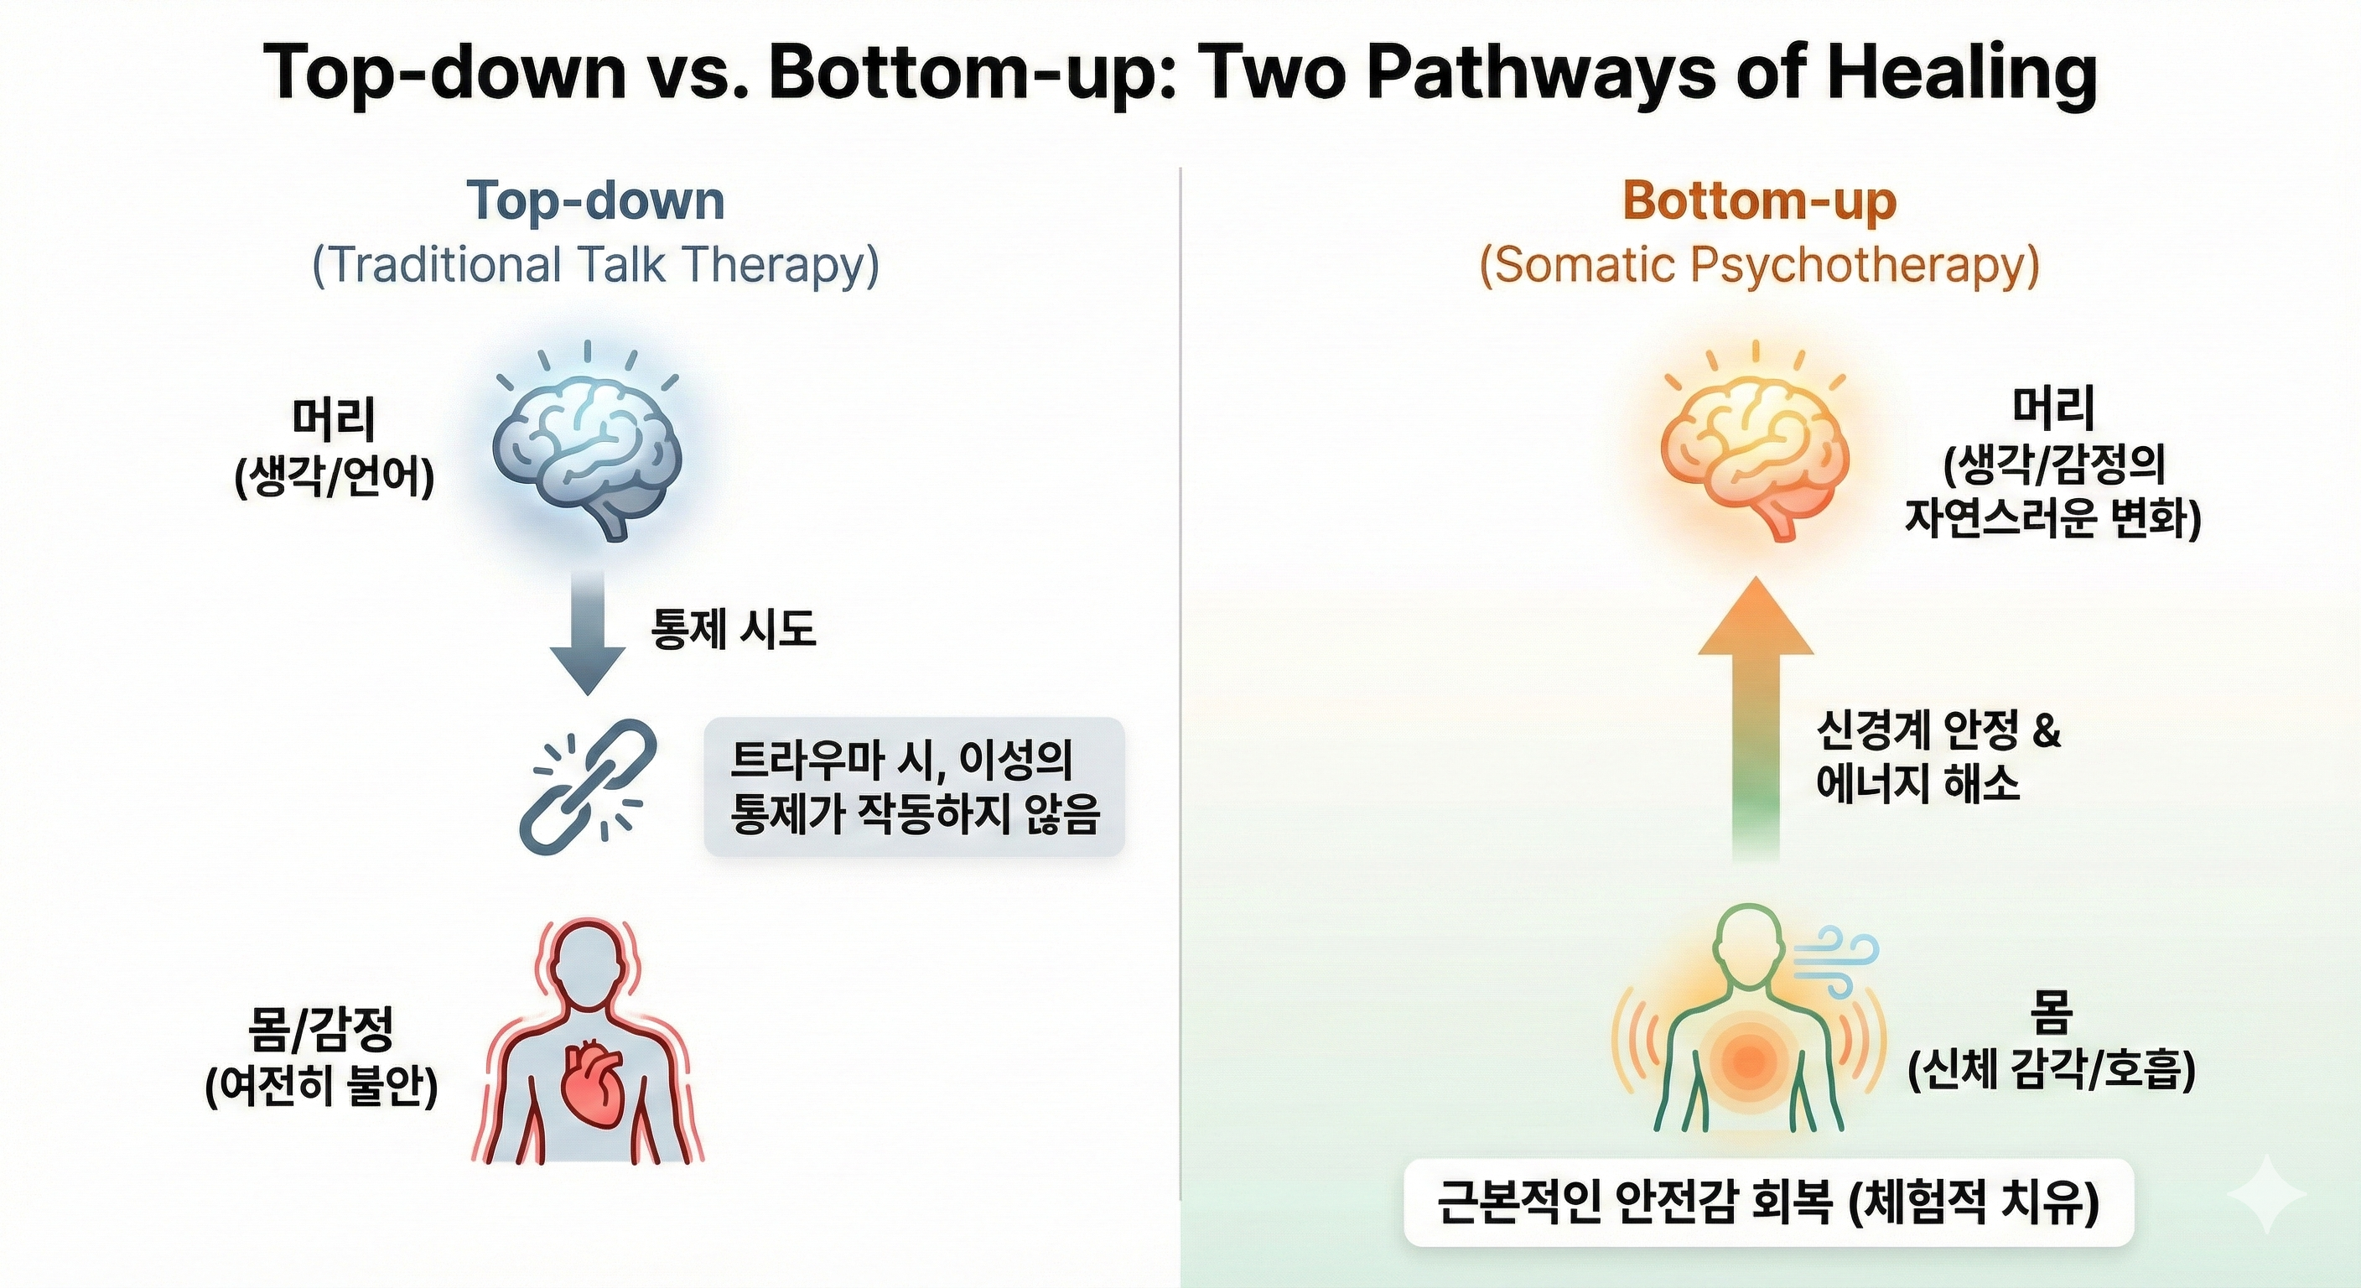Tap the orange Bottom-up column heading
tap(1759, 202)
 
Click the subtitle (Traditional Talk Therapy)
tap(596, 265)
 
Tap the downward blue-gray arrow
tap(588, 633)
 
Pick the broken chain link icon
tap(588, 787)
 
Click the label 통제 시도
tap(734, 630)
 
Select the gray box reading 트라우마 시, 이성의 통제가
tap(914, 787)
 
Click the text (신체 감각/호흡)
tap(2052, 1069)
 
